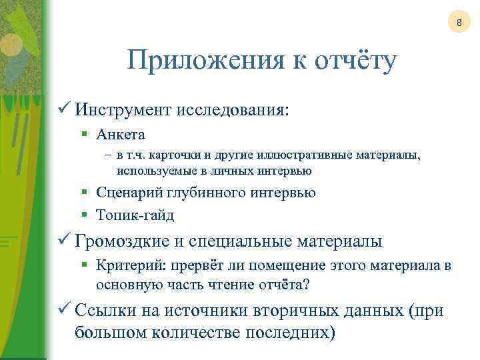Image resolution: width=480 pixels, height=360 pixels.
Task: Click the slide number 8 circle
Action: [459, 25]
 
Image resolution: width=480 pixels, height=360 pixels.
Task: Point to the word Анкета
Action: [121, 135]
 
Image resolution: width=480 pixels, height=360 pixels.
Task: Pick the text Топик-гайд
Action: [135, 215]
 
